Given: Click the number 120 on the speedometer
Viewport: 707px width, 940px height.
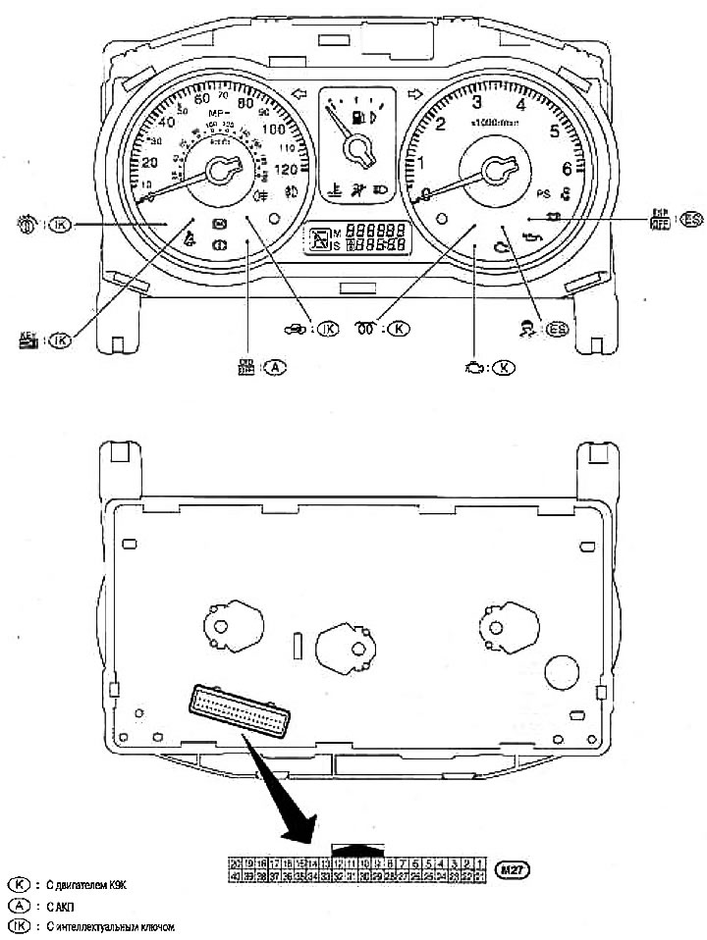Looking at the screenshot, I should pyautogui.click(x=288, y=168).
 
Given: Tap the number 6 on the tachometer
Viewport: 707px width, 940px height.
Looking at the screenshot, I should pyautogui.click(x=568, y=168).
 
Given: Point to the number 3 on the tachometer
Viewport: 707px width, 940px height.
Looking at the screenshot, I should pyautogui.click(x=476, y=101).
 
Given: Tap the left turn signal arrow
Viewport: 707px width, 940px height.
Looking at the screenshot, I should pyautogui.click(x=301, y=94).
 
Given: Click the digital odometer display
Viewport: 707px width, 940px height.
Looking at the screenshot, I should pyautogui.click(x=368, y=236).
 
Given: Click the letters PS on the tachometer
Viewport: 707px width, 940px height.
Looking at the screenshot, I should pyautogui.click(x=546, y=194).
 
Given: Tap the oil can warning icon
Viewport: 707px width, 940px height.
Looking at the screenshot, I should pyautogui.click(x=536, y=235).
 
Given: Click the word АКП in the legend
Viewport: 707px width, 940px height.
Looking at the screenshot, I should pyautogui.click(x=53, y=905).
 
